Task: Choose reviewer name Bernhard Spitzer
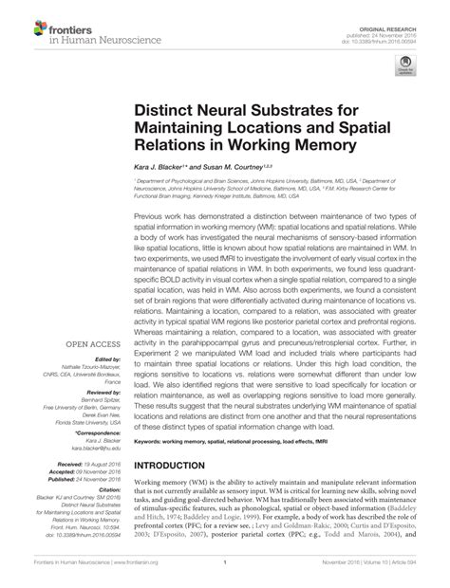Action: point(97,397)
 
